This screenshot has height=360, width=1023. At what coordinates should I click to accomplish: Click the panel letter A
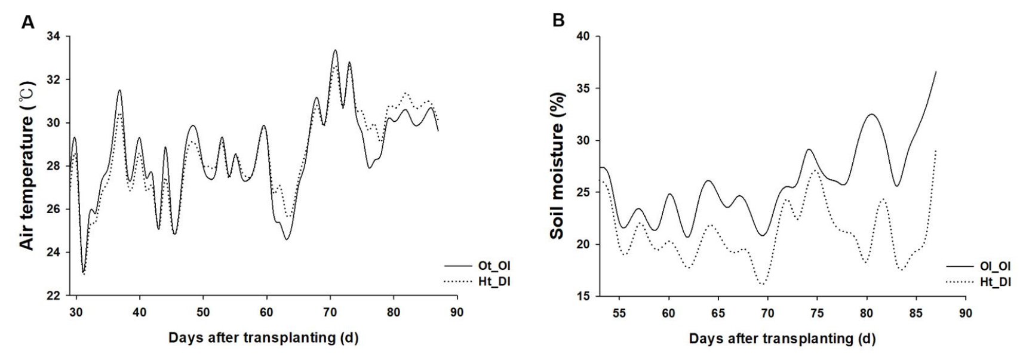[28, 22]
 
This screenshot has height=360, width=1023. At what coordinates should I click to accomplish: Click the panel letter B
[559, 21]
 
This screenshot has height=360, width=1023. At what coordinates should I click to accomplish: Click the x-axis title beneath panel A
[263, 338]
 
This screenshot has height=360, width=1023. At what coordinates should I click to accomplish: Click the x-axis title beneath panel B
[782, 339]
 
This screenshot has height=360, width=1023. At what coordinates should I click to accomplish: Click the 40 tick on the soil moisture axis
[582, 37]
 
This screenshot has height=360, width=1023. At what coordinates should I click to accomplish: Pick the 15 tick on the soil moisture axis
[582, 296]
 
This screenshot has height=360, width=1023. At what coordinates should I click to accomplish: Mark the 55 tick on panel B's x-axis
[619, 312]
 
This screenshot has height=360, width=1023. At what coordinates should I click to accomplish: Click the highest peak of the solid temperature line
[335, 50]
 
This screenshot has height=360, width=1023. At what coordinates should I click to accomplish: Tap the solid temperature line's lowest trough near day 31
[83, 272]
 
